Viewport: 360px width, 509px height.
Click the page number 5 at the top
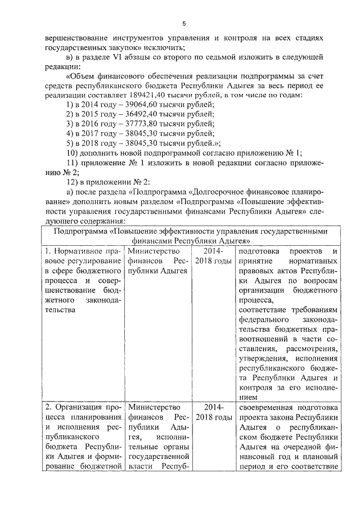[183, 23]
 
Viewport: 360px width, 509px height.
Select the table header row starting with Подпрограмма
[188, 236]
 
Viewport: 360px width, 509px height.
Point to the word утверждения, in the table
[265, 358]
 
